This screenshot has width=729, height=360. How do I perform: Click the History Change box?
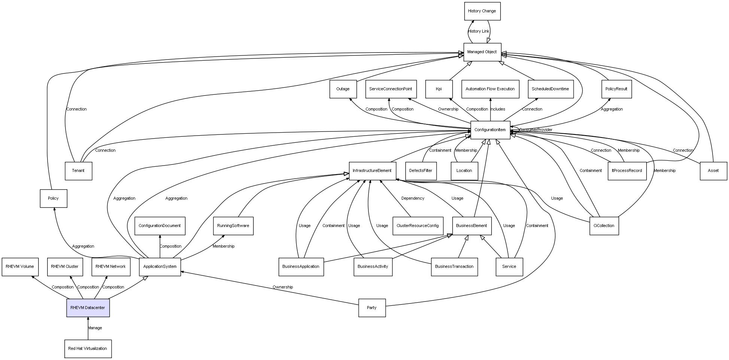[482, 11]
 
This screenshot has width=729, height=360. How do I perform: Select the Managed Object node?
[482, 52]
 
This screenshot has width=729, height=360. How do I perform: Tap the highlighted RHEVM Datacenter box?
[88, 308]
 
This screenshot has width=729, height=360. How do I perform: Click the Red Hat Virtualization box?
[88, 349]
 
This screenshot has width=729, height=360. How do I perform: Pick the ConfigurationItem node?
[490, 130]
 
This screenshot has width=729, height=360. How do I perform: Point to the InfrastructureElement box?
[372, 171]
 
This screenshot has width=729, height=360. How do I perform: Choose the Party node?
[372, 308]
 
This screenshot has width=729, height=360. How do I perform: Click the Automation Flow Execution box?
[490, 89]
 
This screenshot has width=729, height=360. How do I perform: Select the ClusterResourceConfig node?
[418, 226]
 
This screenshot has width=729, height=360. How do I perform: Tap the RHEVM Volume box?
[20, 267]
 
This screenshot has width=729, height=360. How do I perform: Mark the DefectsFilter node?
[421, 171]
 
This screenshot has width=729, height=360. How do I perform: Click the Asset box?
[713, 171]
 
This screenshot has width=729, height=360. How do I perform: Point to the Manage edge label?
[95, 328]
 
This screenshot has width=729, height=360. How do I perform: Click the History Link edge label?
[479, 31]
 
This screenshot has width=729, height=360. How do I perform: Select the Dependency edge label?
[413, 199]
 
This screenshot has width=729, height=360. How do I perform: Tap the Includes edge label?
[498, 109]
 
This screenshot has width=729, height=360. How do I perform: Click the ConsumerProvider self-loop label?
[535, 130]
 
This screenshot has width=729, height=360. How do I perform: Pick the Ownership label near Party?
[283, 287]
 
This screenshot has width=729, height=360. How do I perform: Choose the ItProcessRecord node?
[627, 171]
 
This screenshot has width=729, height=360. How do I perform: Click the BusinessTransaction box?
[454, 267]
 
